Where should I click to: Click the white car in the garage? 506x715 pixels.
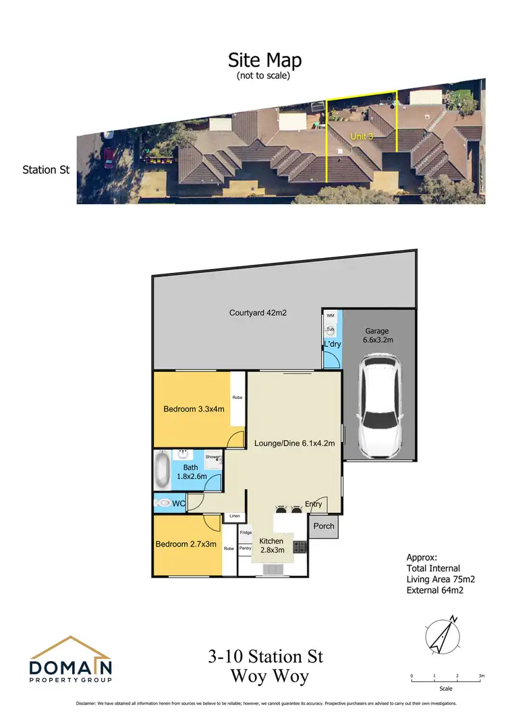pyautogui.click(x=381, y=408)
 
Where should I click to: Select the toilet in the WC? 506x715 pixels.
pyautogui.click(x=163, y=503)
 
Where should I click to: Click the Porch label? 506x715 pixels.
pyautogui.click(x=324, y=526)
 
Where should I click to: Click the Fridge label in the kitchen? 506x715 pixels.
pyautogui.click(x=246, y=532)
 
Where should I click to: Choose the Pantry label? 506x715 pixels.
pyautogui.click(x=245, y=548)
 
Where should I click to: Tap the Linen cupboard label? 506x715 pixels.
pyautogui.click(x=234, y=517)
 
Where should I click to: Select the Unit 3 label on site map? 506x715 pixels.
pyautogui.click(x=362, y=136)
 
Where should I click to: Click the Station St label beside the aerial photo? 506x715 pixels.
pyautogui.click(x=46, y=170)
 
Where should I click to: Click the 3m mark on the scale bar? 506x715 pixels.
pyautogui.click(x=481, y=675)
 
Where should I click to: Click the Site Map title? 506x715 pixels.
pyautogui.click(x=264, y=60)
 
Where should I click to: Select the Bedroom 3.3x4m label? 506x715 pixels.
pyautogui.click(x=192, y=409)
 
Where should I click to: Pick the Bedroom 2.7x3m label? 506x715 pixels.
pyautogui.click(x=186, y=545)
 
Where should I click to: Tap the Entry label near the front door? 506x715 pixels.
pyautogui.click(x=313, y=504)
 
